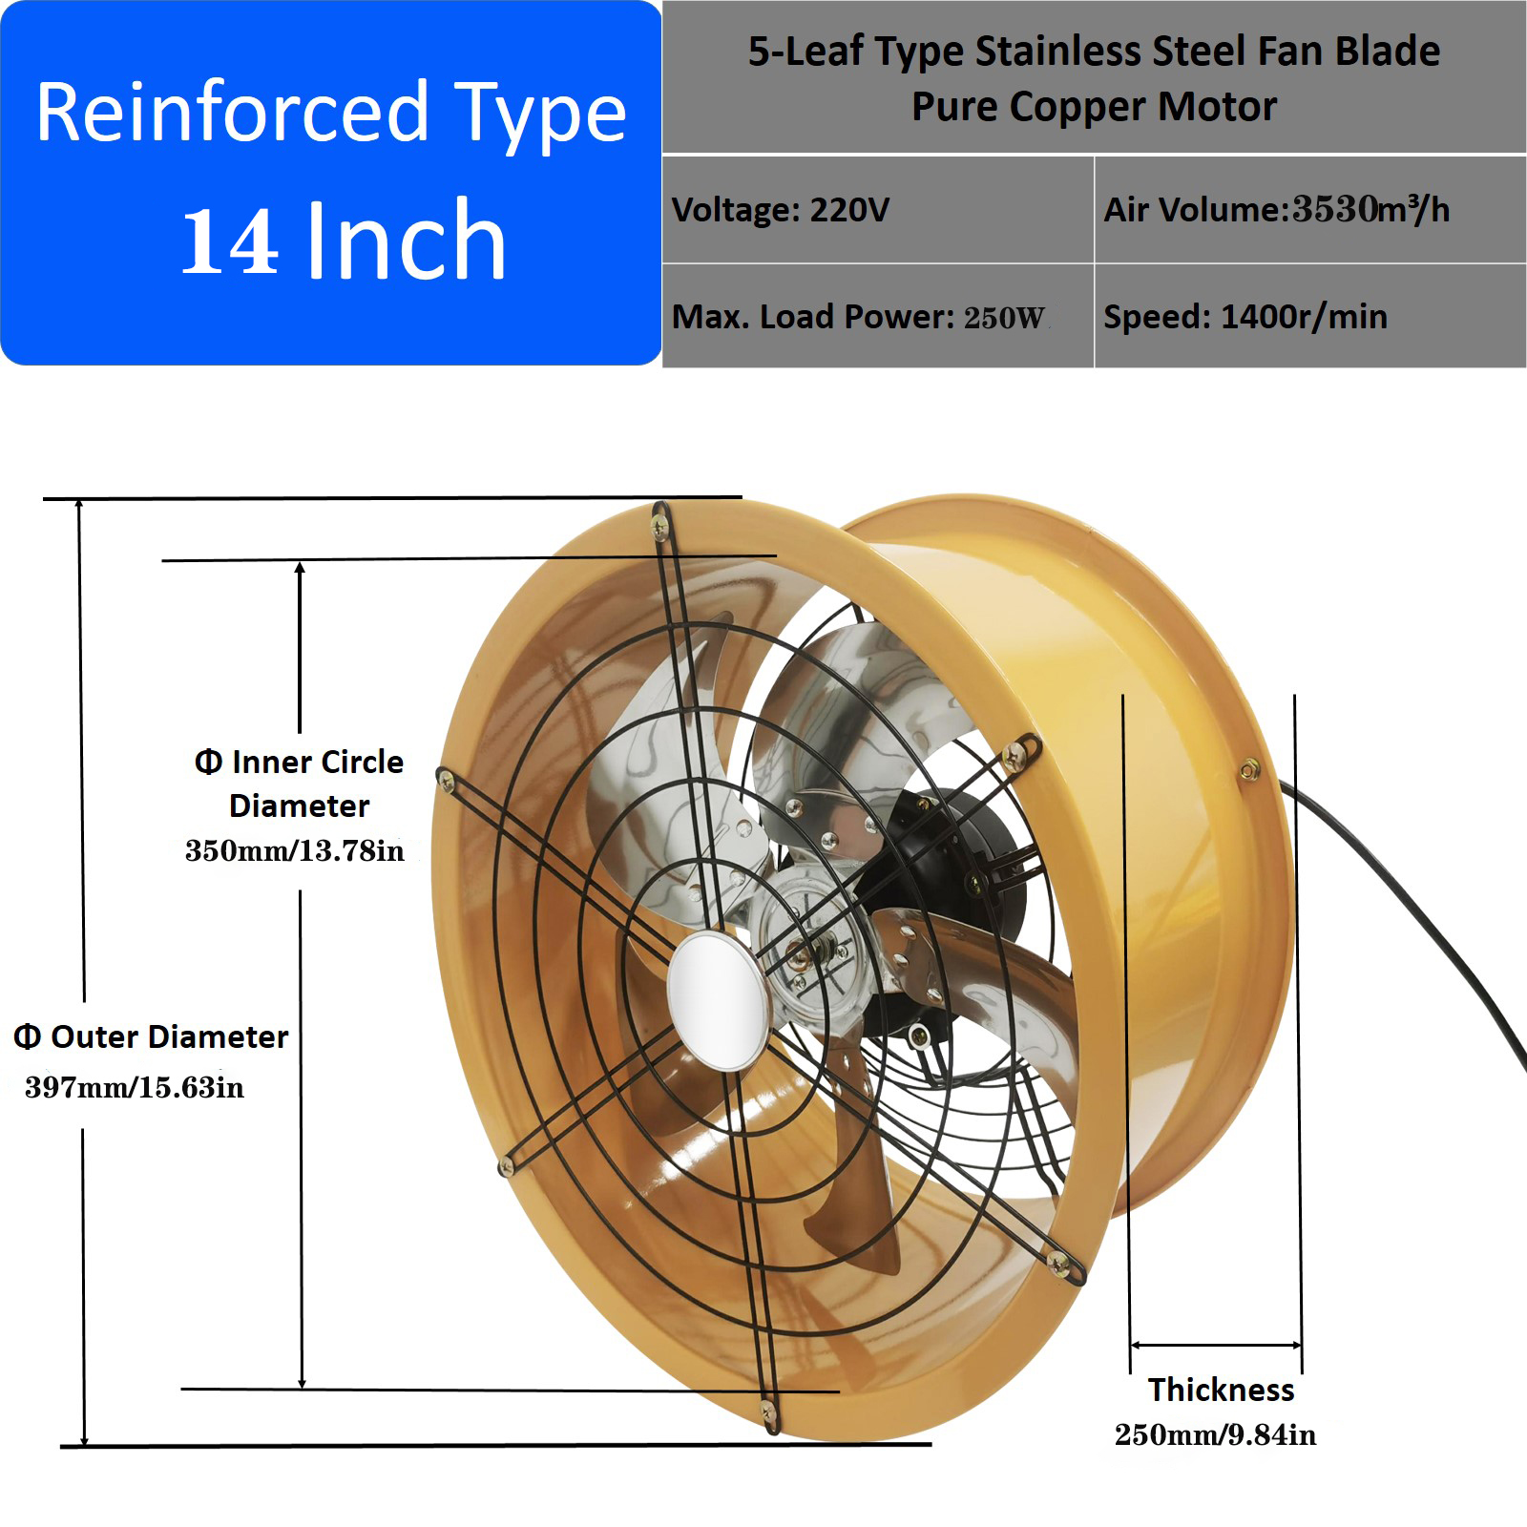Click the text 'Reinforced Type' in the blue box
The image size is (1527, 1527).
click(331, 114)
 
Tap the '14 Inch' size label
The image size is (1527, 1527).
click(343, 241)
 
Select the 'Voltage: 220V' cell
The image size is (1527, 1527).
click(781, 210)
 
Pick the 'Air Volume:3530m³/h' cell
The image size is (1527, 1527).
click(1276, 210)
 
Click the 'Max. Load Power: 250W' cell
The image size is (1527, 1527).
click(859, 317)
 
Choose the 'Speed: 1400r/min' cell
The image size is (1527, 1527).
click(1245, 317)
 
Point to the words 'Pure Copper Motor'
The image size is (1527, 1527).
click(1094, 107)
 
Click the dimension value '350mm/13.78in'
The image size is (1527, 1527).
click(294, 850)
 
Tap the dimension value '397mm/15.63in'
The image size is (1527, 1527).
click(135, 1087)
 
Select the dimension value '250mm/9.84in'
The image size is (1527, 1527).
click(1215, 1435)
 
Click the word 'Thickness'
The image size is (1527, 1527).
click(1221, 1390)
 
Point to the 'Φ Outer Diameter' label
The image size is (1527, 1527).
click(151, 1036)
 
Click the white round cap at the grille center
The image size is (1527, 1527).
click(717, 1000)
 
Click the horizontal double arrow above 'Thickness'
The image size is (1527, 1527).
click(1215, 1346)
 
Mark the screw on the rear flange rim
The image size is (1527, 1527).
click(1248, 770)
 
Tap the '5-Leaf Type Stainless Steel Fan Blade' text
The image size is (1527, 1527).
click(1094, 52)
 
